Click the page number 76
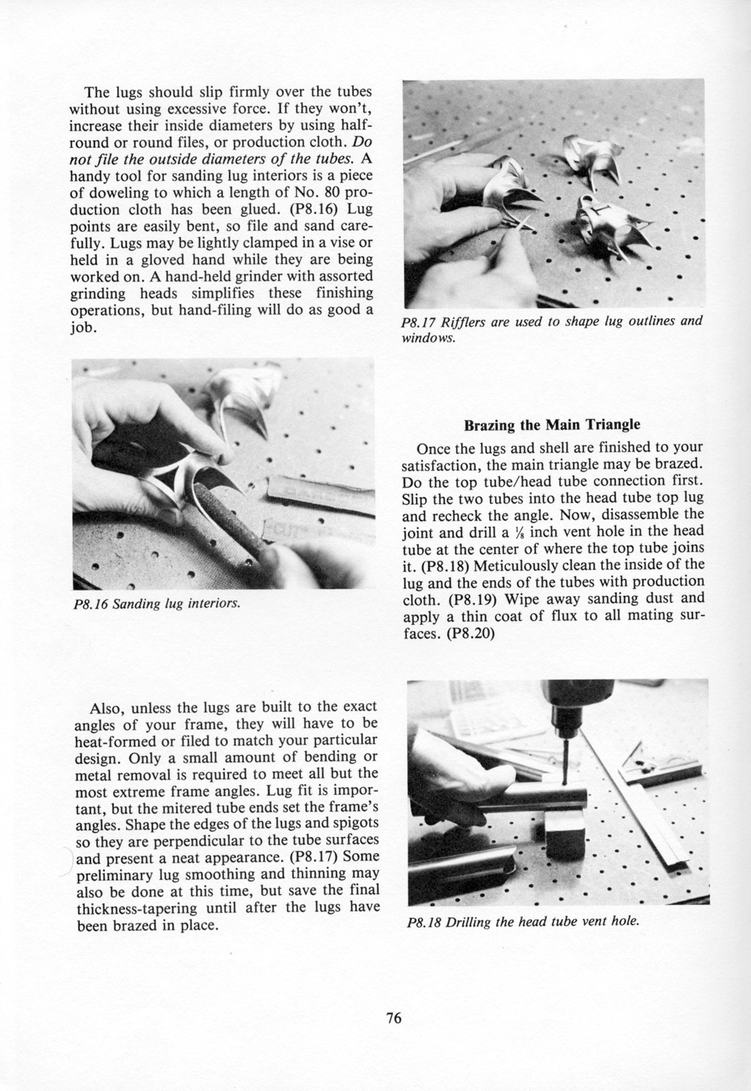click(x=394, y=1018)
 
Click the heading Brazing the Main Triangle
click(x=552, y=424)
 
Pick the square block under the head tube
click(x=566, y=834)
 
